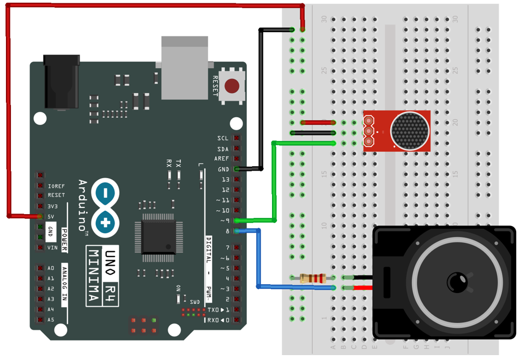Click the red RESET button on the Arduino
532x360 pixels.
click(232, 86)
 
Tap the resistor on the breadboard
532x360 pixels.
click(313, 278)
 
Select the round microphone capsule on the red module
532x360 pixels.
click(410, 131)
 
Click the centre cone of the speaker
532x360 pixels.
click(456, 282)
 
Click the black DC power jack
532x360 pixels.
click(61, 82)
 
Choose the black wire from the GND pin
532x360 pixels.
click(261, 98)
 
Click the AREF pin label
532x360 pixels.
click(222, 159)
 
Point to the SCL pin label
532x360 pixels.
click(223, 138)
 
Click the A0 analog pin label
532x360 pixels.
click(51, 269)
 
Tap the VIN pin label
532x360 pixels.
click(53, 248)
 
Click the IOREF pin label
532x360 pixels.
click(56, 186)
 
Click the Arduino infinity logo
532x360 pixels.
click(105, 208)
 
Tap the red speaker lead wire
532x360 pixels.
click(364, 288)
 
